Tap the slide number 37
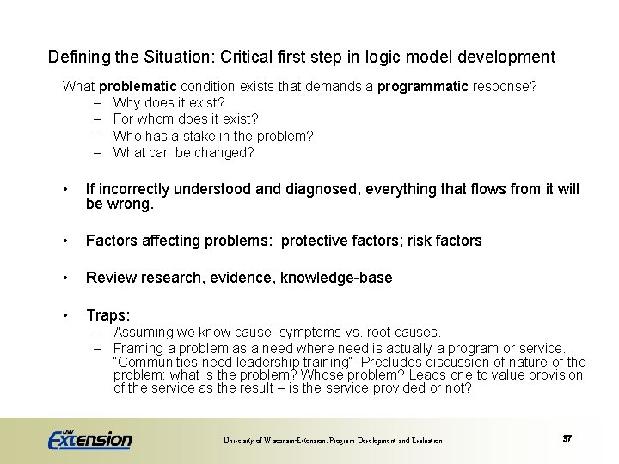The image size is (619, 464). tap(567, 438)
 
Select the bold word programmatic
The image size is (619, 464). tap(423, 87)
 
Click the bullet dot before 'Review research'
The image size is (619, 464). tap(65, 278)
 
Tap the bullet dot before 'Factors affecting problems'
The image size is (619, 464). tap(65, 241)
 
